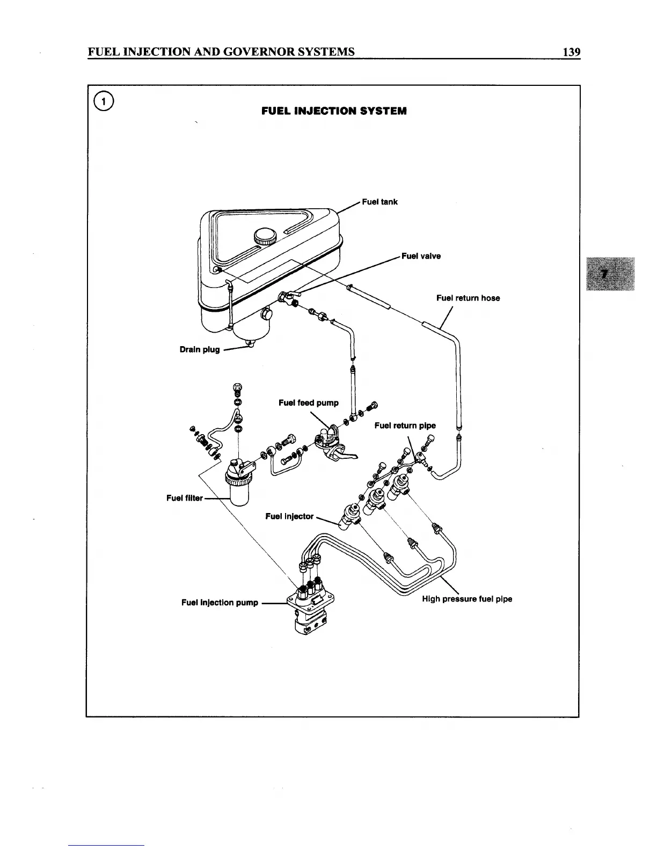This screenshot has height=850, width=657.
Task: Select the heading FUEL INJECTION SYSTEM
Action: coord(334,111)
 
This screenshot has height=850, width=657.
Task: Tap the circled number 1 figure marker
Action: coord(103,102)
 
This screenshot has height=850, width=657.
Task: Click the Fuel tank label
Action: coord(379,202)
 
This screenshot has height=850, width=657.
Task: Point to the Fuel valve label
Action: coord(421,256)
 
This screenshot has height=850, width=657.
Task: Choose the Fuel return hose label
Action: coord(468,298)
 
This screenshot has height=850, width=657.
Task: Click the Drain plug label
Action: coord(200,349)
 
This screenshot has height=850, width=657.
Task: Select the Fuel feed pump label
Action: coord(309,402)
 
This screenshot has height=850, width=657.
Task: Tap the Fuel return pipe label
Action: coord(405,426)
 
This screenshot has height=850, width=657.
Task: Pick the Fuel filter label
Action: coord(185,498)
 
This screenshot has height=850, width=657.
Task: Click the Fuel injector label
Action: coord(289,516)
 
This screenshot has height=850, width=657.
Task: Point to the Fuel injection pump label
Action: coord(220,603)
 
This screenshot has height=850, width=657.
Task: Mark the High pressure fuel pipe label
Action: coord(467,599)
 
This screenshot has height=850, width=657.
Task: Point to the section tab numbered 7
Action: coord(610,274)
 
